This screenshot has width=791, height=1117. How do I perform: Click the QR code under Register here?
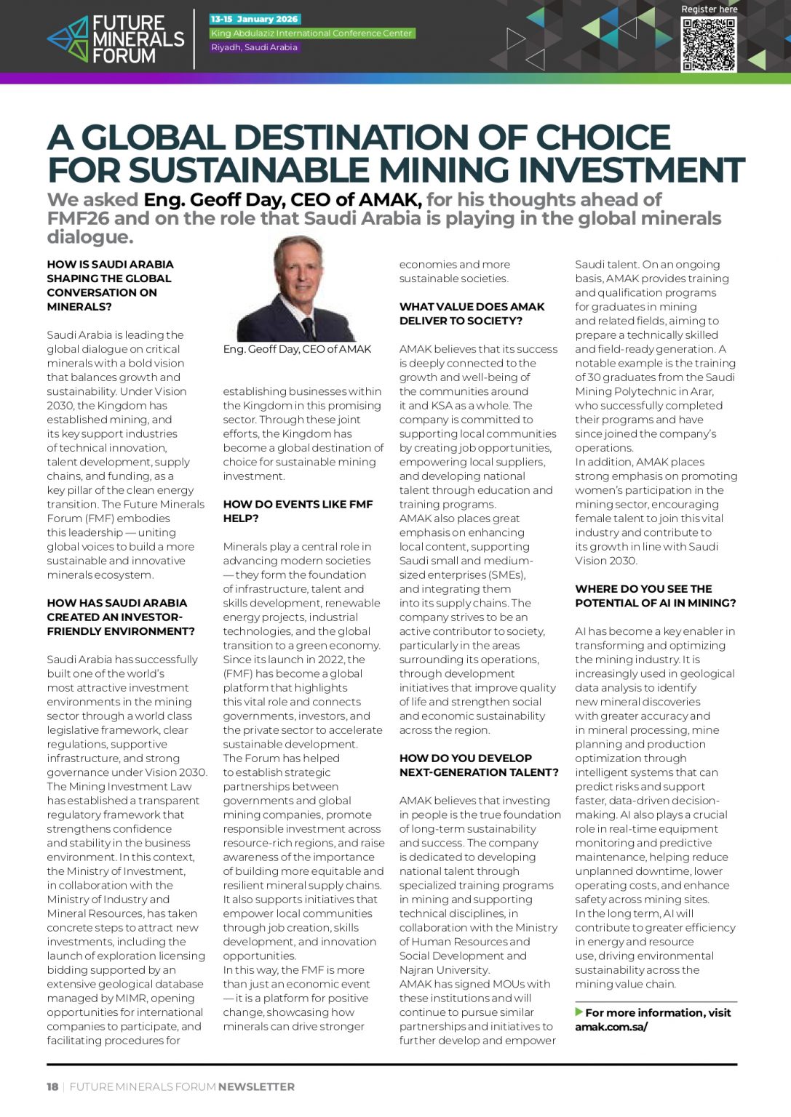[x=708, y=44]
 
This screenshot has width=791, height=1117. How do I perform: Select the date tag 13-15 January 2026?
[x=255, y=19]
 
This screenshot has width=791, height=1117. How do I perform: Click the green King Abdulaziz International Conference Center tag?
[x=311, y=33]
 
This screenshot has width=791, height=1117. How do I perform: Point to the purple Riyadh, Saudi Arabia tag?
[x=254, y=47]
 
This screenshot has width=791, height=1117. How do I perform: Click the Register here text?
[x=709, y=9]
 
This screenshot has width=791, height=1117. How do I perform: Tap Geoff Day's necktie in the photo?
[x=308, y=328]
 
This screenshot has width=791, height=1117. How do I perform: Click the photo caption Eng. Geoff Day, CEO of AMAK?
[x=297, y=349]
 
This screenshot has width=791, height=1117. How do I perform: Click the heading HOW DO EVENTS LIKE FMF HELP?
[x=298, y=511]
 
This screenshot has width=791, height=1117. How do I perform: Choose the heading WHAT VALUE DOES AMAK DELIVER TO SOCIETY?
[x=472, y=313]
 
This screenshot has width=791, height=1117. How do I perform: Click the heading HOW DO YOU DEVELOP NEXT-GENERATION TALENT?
[x=479, y=765]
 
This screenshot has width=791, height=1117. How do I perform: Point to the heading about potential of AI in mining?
[x=655, y=596]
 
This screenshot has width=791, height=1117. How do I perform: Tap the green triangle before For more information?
[x=579, y=1012]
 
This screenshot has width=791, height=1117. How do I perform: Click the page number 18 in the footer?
[x=52, y=1086]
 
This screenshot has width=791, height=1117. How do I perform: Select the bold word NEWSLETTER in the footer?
[x=256, y=1086]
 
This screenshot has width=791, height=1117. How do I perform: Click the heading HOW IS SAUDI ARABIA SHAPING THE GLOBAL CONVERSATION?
[x=110, y=285]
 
